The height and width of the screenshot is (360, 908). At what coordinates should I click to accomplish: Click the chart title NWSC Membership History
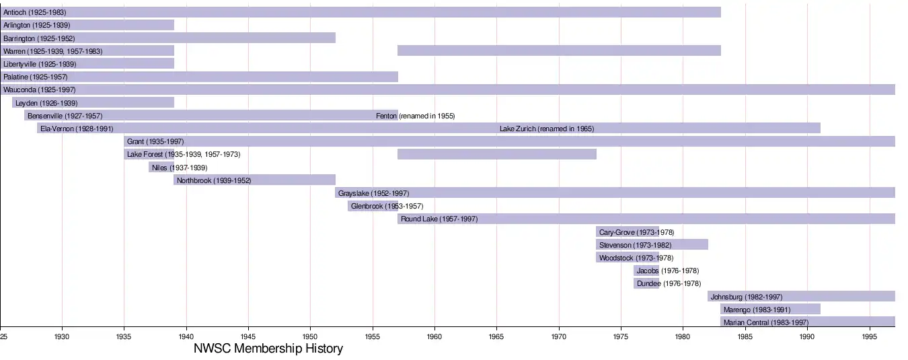coord(268,349)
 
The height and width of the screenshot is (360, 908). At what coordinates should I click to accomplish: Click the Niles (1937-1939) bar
coord(161,168)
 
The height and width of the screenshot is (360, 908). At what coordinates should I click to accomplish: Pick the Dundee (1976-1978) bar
coord(646,283)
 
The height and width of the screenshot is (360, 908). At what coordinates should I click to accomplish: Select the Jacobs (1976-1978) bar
coord(646,271)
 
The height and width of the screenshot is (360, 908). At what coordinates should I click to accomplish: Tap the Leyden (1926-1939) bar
coord(93,103)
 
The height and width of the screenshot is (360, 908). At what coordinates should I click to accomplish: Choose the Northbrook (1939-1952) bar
coord(254,180)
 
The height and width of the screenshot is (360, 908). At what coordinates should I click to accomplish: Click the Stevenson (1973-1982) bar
coord(652,245)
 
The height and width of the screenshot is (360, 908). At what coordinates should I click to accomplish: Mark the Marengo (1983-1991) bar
coord(770,310)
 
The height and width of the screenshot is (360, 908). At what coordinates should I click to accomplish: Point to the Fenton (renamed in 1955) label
coord(415,116)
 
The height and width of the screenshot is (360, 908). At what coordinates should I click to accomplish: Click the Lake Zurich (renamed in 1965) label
coord(546,129)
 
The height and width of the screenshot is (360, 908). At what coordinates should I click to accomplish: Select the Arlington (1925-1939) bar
coord(87,25)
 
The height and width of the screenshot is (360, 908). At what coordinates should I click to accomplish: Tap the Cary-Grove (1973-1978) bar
coord(627,232)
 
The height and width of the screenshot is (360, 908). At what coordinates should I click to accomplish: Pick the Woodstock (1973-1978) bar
coord(627,258)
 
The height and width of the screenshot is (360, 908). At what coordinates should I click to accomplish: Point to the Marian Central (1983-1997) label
coord(765,322)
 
